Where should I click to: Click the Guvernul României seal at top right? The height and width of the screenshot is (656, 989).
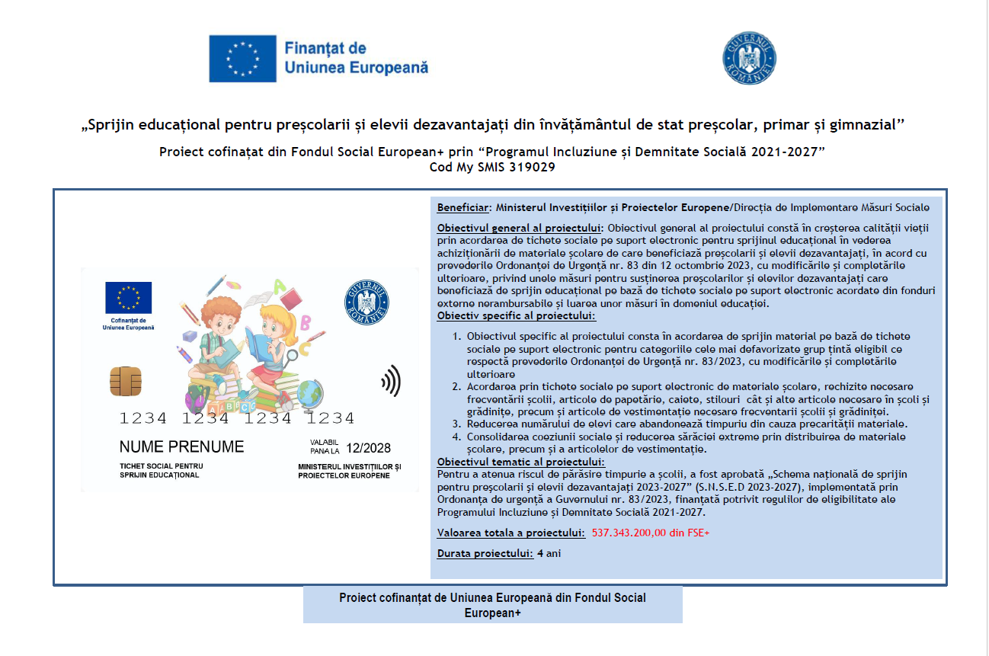click(x=749, y=59)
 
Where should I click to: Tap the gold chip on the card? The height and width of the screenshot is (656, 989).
click(x=124, y=379)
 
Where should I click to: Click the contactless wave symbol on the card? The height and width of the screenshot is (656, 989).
click(x=391, y=380)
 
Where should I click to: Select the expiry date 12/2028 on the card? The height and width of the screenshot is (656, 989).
click(x=369, y=448)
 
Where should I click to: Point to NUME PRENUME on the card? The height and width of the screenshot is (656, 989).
click(x=181, y=446)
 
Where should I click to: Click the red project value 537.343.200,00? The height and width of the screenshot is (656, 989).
click(x=650, y=533)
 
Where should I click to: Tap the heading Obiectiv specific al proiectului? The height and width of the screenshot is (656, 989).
click(x=516, y=316)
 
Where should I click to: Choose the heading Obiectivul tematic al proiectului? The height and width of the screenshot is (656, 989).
click(x=520, y=462)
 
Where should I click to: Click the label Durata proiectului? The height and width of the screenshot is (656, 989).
click(x=485, y=553)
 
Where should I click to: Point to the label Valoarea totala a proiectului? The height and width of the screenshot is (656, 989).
click(x=511, y=533)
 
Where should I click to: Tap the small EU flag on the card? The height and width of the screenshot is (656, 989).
click(x=129, y=297)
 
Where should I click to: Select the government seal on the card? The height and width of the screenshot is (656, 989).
click(x=367, y=300)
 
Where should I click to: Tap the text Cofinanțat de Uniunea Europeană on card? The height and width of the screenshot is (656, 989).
click(x=128, y=324)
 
